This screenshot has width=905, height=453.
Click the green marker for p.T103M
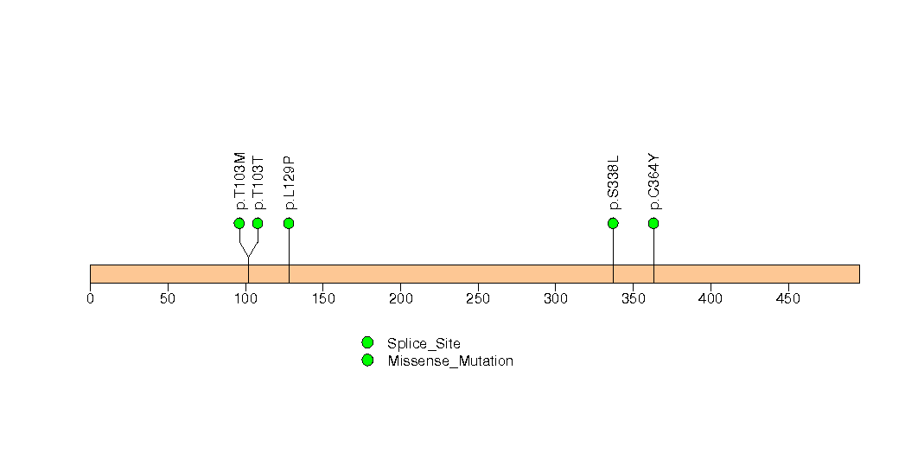pyautogui.click(x=239, y=223)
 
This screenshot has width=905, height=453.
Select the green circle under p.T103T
pyautogui.click(x=258, y=223)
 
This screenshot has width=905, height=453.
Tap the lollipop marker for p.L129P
pyautogui.click(x=290, y=223)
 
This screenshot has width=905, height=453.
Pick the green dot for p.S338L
pyautogui.click(x=613, y=223)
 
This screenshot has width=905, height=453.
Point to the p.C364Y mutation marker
pyautogui.click(x=653, y=223)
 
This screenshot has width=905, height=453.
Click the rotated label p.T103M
pyautogui.click(x=240, y=182)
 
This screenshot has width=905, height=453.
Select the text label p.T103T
pyautogui.click(x=258, y=183)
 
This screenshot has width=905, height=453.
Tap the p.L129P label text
pyautogui.click(x=290, y=183)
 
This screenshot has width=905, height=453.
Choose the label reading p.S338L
pyautogui.click(x=614, y=182)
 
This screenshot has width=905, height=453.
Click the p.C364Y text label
pyautogui.click(x=654, y=182)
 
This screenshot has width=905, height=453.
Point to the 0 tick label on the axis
pyautogui.click(x=90, y=298)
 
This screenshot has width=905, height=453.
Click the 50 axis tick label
pyautogui.click(x=168, y=298)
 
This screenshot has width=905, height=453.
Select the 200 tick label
pyautogui.click(x=400, y=298)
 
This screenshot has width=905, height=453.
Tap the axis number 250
pyautogui.click(x=478, y=298)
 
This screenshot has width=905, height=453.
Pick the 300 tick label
pyautogui.click(x=555, y=298)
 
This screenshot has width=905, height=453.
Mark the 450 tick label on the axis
pyautogui.click(x=787, y=298)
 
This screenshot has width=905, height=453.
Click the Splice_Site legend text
pyautogui.click(x=424, y=344)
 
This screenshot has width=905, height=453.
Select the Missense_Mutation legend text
pyautogui.click(x=450, y=361)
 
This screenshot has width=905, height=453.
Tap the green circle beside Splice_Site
pyautogui.click(x=367, y=343)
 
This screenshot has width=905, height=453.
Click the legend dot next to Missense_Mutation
pyautogui.click(x=367, y=360)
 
